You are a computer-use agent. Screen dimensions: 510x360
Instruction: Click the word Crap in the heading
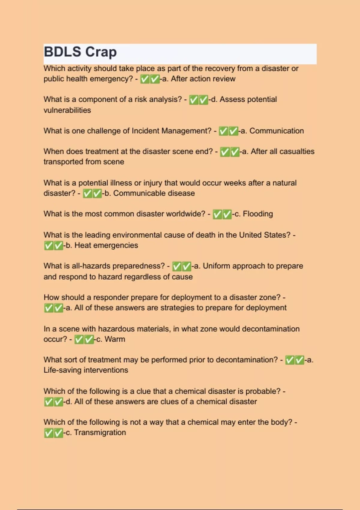101,52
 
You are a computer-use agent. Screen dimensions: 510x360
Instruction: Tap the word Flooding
258,214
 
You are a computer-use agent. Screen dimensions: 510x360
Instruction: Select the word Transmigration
100,433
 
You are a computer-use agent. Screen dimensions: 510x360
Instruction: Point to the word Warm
115,339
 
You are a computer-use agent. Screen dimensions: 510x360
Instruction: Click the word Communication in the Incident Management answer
277,131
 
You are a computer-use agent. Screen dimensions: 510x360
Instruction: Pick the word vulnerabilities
67,110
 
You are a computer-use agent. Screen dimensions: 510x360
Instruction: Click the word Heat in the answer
83,245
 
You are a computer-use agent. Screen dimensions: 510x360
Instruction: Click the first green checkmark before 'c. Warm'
79,339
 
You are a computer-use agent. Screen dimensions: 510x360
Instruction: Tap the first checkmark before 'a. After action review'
145,79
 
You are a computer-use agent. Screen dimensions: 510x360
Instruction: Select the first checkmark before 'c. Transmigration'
48,433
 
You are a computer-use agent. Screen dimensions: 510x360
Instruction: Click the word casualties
297,151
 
